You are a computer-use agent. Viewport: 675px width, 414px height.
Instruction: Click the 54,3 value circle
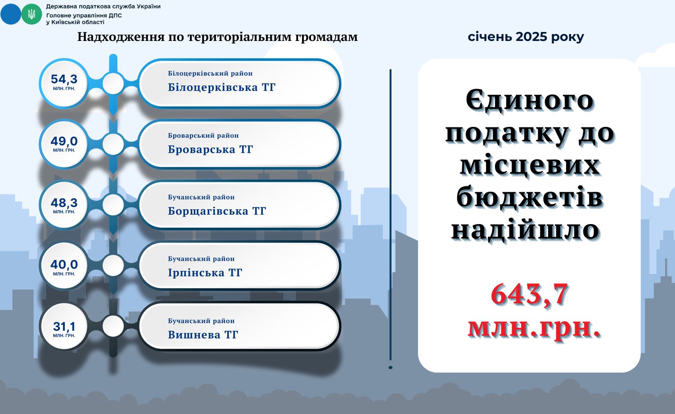(64, 83)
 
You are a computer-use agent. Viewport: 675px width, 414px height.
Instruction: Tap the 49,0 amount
(64, 141)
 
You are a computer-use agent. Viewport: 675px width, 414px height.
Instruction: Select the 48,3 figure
(64, 203)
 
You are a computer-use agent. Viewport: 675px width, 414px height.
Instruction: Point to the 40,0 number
(64, 265)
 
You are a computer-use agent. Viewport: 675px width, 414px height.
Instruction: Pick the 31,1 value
(64, 326)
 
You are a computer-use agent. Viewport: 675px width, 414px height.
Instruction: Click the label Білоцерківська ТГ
(222, 87)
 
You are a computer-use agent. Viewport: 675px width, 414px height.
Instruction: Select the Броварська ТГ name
(210, 149)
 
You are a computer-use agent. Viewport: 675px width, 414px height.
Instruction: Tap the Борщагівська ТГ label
(217, 211)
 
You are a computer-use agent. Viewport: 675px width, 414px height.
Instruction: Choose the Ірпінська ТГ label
(205, 273)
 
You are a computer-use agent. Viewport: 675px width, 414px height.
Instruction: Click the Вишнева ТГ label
(203, 335)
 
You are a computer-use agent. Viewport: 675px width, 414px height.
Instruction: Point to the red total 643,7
(530, 294)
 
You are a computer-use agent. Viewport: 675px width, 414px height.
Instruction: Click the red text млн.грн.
(534, 328)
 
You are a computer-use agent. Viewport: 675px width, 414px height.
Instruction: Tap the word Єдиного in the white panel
(530, 101)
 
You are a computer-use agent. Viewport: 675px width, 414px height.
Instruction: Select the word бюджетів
(530, 198)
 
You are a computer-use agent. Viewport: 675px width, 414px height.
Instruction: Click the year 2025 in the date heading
(531, 37)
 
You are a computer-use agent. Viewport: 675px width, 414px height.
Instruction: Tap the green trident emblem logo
(31, 14)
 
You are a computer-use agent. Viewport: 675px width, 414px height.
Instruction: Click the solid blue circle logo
(10, 14)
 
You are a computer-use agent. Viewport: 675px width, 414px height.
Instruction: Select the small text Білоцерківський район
(210, 73)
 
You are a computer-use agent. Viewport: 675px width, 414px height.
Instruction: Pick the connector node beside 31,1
(113, 326)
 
